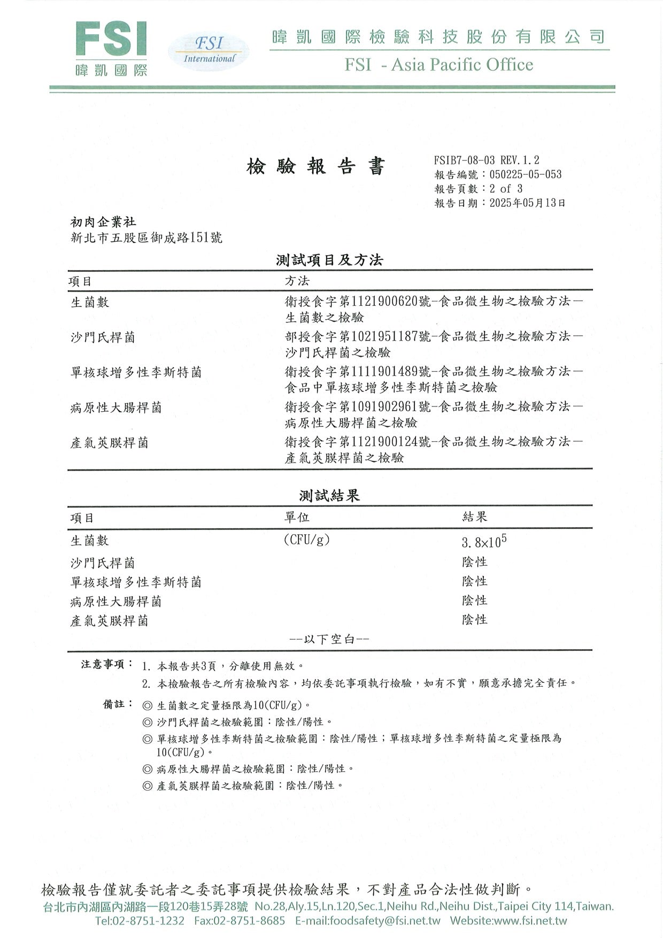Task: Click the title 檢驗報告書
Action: click(315, 167)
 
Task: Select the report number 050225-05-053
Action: click(525, 174)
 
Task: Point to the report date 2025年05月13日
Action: click(527, 203)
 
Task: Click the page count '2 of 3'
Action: click(506, 189)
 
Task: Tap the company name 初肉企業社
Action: click(103, 222)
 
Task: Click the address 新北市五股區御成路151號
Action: click(147, 237)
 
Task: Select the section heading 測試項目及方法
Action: click(329, 260)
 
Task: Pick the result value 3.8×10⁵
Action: click(484, 542)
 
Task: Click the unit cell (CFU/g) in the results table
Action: click(306, 540)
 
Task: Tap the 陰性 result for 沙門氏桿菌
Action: click(475, 562)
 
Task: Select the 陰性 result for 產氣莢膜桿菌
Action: click(475, 620)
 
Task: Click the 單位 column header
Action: click(296, 517)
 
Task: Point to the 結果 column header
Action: click(475, 517)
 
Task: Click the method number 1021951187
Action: click(384, 336)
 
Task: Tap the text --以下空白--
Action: click(329, 639)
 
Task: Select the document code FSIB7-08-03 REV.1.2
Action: click(487, 160)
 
